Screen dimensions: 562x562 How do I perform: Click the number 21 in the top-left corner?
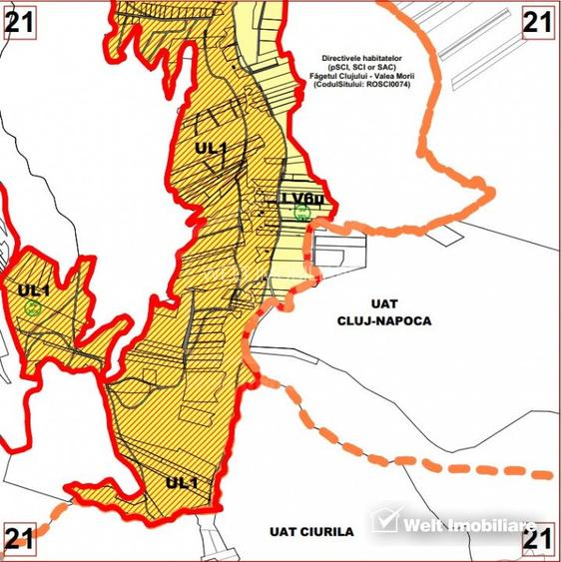[20, 20]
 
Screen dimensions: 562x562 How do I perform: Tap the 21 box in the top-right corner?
[540, 20]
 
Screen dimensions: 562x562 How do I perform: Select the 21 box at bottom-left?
[20, 540]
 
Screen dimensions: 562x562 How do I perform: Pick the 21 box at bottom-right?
[540, 540]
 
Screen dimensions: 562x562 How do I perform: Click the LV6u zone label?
[301, 198]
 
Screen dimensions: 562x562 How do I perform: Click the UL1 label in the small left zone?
[34, 290]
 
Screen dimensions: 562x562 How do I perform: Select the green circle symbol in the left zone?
[34, 308]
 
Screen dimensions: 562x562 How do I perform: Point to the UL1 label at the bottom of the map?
[182, 483]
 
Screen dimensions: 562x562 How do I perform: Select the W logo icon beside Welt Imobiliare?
[385, 521]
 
